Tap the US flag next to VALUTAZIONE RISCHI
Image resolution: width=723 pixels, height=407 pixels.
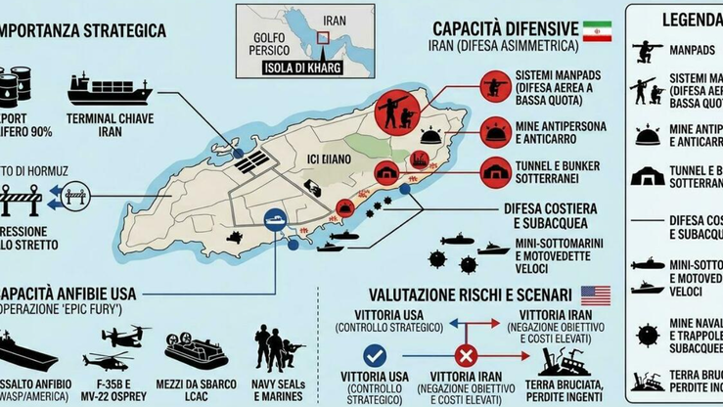click(595, 294)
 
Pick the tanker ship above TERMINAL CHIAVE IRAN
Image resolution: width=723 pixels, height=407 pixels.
click(110, 90)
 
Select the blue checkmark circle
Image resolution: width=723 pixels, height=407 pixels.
click(374, 356)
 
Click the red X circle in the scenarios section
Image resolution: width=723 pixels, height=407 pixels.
click(467, 356)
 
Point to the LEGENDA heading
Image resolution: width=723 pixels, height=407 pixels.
click(691, 18)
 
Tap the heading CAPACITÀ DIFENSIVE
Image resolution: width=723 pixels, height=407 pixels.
click(501, 27)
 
